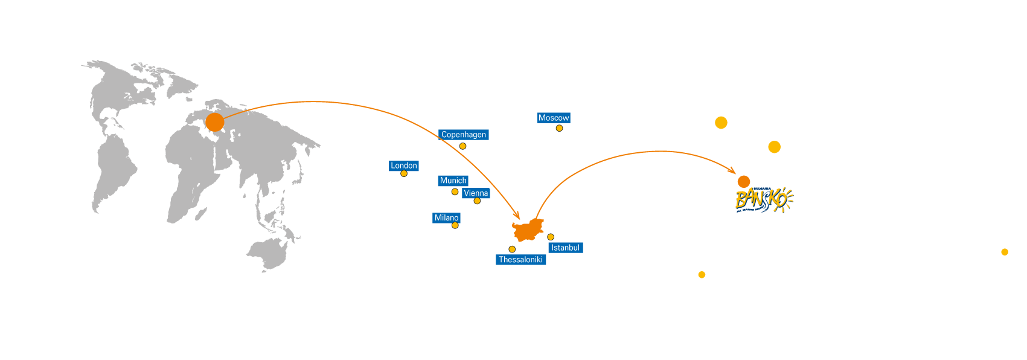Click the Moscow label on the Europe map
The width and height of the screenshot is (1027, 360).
point(554,118)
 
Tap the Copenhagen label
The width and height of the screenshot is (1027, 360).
point(463,135)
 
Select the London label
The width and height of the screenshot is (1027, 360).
point(403,166)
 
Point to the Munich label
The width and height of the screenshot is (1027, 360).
point(453,181)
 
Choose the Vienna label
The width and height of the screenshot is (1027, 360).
point(476,193)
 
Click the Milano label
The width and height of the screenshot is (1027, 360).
point(447,217)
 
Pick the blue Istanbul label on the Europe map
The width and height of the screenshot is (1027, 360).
point(565,248)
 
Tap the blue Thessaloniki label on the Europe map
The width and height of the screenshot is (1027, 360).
point(520,260)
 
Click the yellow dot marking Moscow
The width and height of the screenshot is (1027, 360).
point(559,128)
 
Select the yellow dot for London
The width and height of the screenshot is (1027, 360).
point(404,174)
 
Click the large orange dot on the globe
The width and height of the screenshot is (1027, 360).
point(214,122)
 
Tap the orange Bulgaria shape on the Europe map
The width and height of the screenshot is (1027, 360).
point(528,231)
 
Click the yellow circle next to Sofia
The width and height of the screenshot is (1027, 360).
point(721,123)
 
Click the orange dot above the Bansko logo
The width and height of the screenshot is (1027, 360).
point(744,181)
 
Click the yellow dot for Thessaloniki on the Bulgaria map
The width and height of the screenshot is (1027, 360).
point(702,275)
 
